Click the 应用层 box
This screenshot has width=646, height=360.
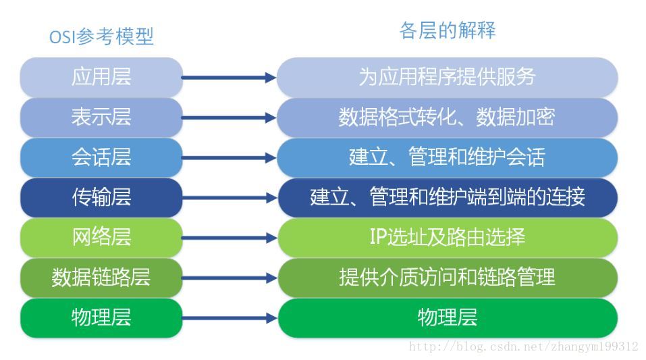101,78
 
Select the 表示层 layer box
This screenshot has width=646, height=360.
101,118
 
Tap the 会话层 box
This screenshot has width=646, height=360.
101,157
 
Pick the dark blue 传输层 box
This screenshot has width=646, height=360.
101,197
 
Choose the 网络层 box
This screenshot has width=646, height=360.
101,238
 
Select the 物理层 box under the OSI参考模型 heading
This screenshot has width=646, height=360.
101,318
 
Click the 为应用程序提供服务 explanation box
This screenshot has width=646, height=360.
448,78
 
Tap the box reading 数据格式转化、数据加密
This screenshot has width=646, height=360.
448,118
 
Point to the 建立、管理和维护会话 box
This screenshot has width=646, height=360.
448,157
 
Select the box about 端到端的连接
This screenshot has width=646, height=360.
448,197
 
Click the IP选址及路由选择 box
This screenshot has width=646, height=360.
448,238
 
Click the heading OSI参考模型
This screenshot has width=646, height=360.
101,36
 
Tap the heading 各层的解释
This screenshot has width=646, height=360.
448,30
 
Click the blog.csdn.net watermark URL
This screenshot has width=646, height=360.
524,346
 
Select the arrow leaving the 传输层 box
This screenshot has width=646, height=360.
229,198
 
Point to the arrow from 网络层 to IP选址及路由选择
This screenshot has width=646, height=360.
229,238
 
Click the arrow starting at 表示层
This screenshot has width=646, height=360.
229,118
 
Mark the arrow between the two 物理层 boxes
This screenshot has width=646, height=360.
229,318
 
